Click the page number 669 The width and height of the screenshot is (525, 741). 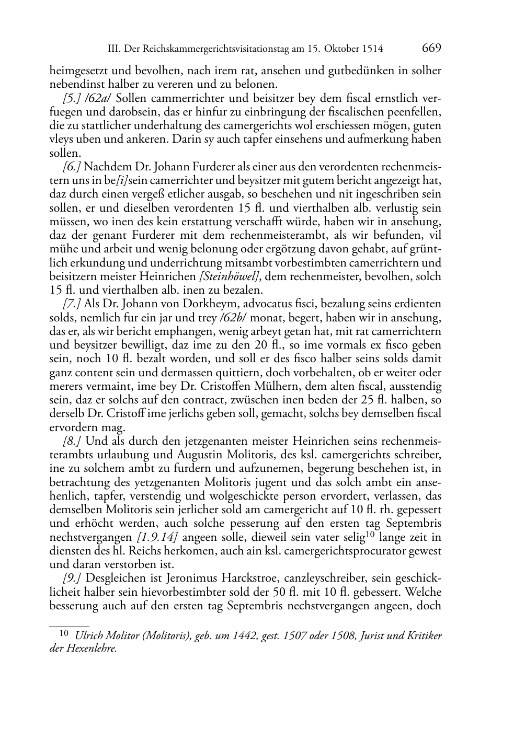point(431,48)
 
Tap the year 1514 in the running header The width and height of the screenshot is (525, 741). point(373,49)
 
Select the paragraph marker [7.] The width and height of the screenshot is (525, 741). point(71,304)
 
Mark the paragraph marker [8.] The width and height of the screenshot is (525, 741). point(71,441)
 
